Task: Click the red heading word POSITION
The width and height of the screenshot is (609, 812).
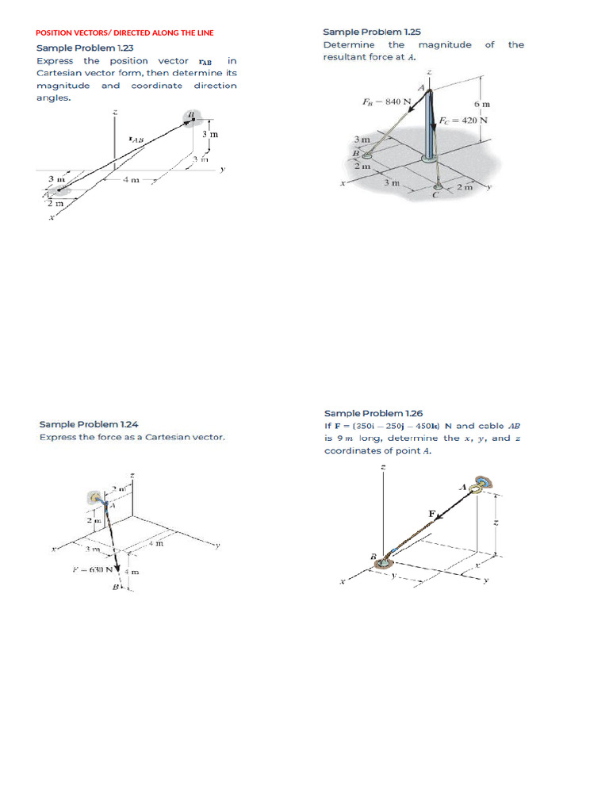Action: click(x=56, y=33)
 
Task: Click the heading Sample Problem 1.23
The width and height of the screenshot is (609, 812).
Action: click(x=85, y=48)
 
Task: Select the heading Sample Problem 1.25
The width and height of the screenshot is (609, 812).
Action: click(x=371, y=32)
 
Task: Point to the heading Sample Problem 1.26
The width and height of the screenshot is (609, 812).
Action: click(x=373, y=413)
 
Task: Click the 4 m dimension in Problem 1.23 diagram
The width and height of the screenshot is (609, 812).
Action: click(x=131, y=180)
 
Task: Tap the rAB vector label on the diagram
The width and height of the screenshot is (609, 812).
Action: click(x=136, y=140)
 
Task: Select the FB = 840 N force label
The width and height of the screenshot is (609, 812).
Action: click(x=386, y=101)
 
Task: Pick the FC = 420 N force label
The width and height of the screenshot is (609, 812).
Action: click(x=463, y=121)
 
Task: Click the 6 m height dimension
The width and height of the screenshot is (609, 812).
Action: click(x=481, y=104)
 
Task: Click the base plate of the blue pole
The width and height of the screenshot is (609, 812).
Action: click(x=429, y=159)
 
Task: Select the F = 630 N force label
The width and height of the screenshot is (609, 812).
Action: click(x=93, y=569)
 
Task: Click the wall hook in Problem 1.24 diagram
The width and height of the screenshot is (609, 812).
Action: click(x=96, y=497)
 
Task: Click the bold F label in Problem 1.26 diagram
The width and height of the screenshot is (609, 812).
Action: click(x=432, y=514)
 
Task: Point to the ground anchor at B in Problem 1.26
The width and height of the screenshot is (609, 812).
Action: click(x=386, y=563)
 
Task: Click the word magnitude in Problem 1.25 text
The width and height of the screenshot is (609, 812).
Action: click(x=444, y=44)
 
